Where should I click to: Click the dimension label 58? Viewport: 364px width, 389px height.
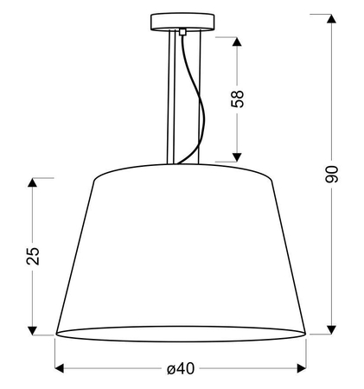pos(238,99)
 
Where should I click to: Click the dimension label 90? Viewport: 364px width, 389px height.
pos(331,175)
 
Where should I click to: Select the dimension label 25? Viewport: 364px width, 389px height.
pos(33,256)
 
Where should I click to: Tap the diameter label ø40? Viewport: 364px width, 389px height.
pos(181,368)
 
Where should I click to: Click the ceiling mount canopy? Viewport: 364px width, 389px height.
pos(182,22)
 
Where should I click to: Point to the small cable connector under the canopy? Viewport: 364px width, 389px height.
pos(182,32)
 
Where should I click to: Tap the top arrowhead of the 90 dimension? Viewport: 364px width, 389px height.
pos(332,18)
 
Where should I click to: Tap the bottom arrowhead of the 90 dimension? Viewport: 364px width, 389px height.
pos(332,329)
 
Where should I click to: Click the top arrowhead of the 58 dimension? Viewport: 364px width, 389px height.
pos(237,41)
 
